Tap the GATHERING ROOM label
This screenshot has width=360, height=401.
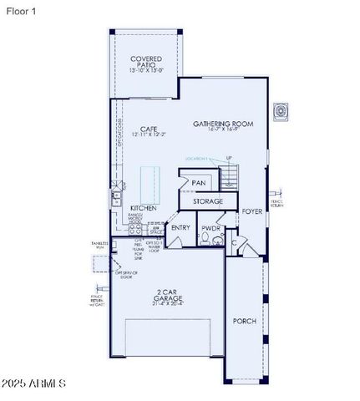point(222,124)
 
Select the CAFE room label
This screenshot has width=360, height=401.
point(149,128)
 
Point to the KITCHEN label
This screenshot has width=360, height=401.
point(143,207)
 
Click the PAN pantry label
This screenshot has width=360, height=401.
point(199,182)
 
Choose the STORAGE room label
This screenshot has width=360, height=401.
point(208,201)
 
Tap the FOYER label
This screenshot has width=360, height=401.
point(252,211)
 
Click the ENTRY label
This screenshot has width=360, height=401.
point(180,227)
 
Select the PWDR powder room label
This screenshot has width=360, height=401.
point(210,227)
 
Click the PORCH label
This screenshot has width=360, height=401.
point(244,321)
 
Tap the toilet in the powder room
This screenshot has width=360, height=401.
point(216,240)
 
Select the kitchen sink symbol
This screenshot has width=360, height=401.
point(115,199)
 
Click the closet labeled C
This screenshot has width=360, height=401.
point(236,243)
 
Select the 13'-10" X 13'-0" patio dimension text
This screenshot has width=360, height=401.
point(147,70)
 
